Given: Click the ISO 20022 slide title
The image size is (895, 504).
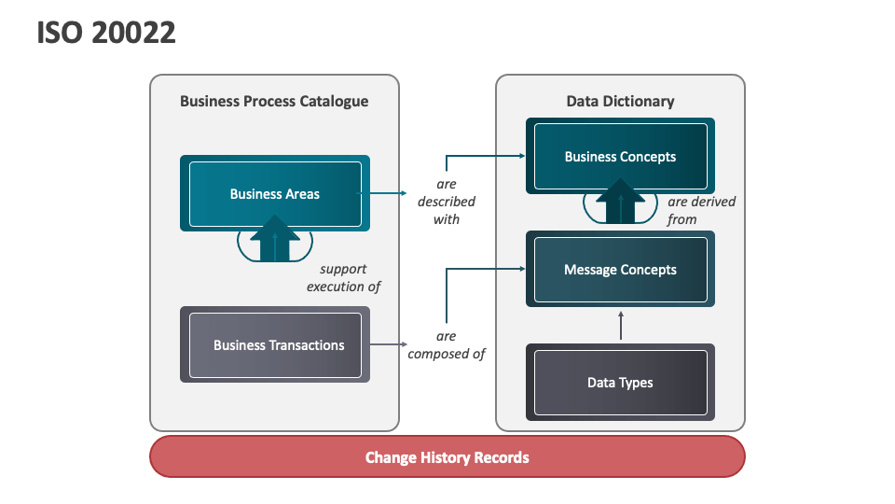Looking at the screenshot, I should pos(106,33).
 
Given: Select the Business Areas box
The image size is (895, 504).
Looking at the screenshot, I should pos(275,194).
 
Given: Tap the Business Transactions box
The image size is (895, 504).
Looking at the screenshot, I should pos(275,345).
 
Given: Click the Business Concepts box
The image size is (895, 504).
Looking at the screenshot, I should pos(620,157).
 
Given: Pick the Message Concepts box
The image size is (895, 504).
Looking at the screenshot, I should pos(620,270).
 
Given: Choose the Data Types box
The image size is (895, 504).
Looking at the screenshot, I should pos(620,383).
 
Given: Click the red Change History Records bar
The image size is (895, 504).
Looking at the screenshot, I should pos(447,457).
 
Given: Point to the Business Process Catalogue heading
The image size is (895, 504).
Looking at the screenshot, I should pos(274,101).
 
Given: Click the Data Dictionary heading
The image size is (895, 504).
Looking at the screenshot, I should pos(620,101).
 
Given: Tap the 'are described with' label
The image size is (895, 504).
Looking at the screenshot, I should pos(446,202).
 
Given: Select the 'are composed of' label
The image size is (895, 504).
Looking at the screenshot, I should pos(446,345).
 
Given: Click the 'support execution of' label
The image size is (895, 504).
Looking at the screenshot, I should pos(343,278).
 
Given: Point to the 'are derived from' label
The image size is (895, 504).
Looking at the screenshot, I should pos(700,211).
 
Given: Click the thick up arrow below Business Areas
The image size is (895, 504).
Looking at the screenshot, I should pos(275,238).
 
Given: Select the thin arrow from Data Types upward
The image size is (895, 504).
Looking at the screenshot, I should pos(620,326).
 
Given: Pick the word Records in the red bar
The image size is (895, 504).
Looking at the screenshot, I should pos(503,457).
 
